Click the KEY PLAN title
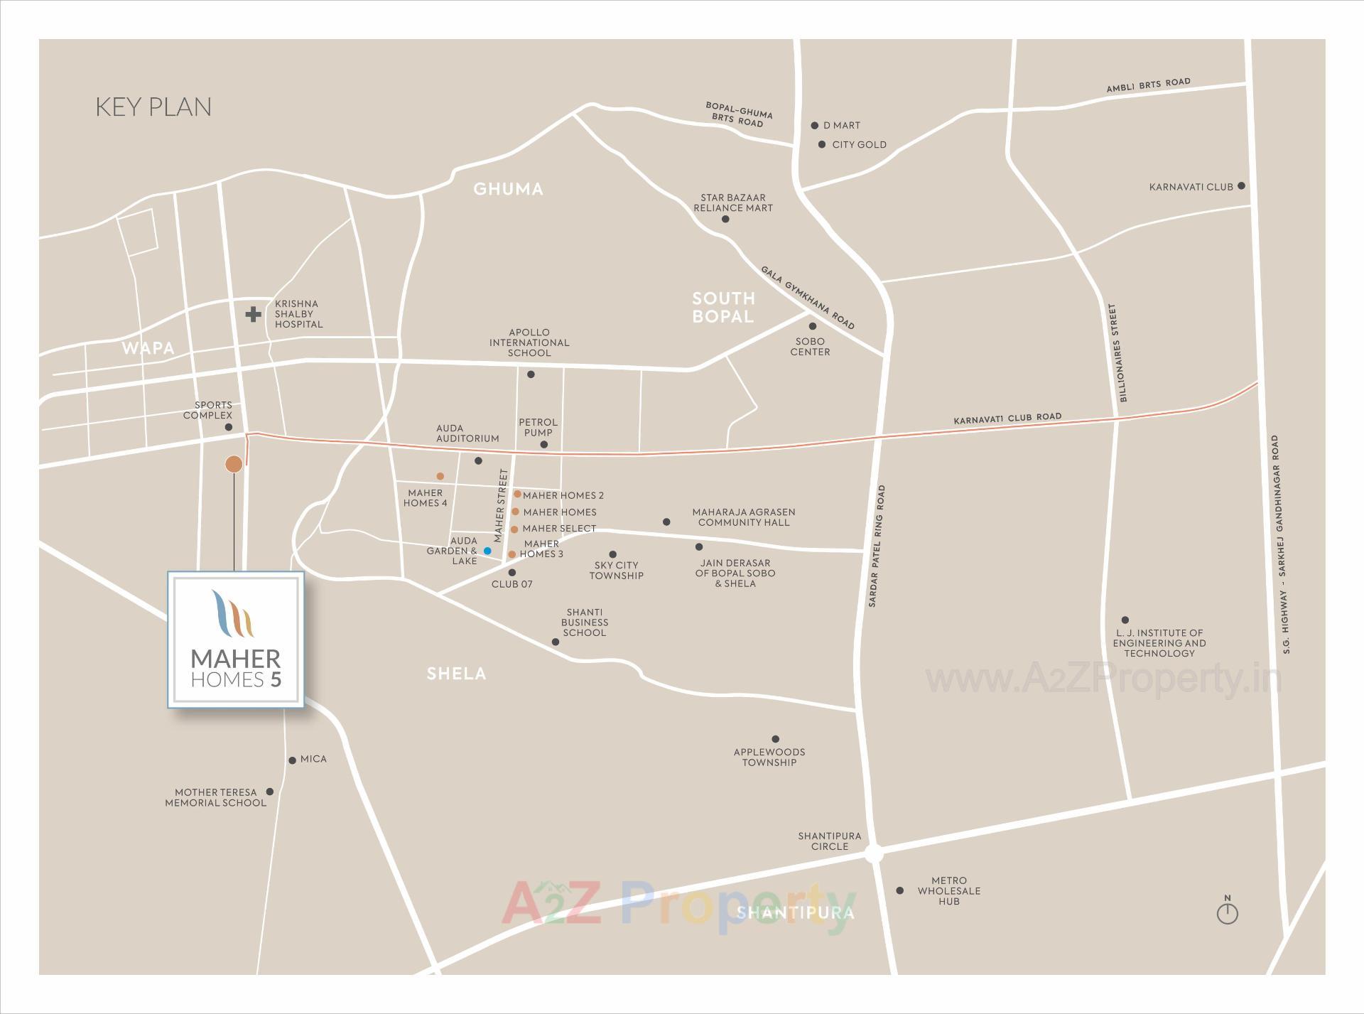pos(153,107)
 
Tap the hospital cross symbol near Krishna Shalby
pos(254,314)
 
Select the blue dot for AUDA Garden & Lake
pos(487,551)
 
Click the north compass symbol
pos(1227,912)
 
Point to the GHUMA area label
pos(508,189)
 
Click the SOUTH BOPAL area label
pos(723,307)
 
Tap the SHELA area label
pos(456,674)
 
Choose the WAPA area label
pos(148,348)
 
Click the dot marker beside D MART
pos(815,126)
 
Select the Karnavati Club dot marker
pos(1241,186)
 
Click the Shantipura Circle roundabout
pos(874,854)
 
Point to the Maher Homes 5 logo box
pos(236,640)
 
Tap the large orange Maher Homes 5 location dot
pos(234,465)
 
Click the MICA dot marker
pos(292,760)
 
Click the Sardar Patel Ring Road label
pos(877,546)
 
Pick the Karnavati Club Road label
pos(1007,419)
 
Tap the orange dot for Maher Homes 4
pos(440,476)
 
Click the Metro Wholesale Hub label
pos(948,890)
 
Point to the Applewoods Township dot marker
pos(775,739)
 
